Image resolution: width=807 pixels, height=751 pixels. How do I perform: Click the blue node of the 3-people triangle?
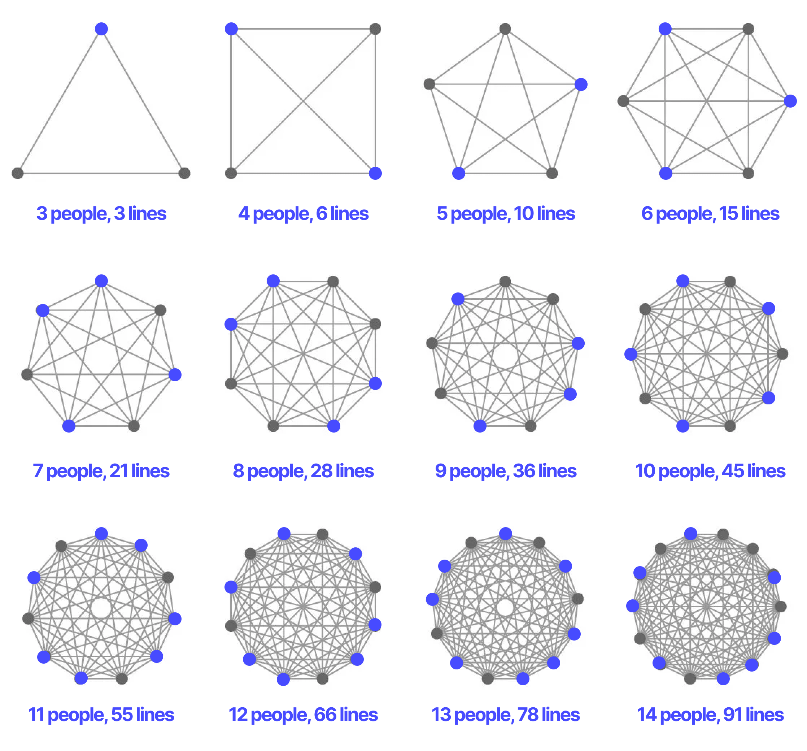[x=101, y=29]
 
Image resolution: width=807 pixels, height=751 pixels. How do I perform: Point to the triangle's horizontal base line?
[x=101, y=173]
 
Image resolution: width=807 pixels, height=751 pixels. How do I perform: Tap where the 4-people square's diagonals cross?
[x=303, y=101]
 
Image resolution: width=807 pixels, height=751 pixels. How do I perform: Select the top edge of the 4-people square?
[x=303, y=29]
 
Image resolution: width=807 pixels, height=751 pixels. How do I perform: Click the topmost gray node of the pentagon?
[x=505, y=29]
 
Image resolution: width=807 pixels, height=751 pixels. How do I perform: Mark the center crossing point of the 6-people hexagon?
[x=707, y=101]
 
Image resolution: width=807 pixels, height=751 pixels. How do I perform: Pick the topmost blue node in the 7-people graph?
[x=101, y=281]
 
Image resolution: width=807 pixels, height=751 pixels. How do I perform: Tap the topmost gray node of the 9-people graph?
[x=505, y=282]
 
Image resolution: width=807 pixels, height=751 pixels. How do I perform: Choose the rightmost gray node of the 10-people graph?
[x=782, y=354]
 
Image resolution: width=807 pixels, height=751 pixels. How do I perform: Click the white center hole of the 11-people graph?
[x=101, y=608]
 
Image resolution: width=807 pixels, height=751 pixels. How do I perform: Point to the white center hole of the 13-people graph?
[x=505, y=608]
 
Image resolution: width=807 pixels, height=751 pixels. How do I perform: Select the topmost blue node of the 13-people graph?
[x=506, y=534]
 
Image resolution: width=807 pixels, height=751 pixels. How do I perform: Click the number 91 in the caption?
[x=733, y=715]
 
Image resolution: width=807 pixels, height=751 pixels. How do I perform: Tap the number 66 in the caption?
[x=325, y=715]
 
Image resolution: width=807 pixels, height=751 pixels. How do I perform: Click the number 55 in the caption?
[x=122, y=715]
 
